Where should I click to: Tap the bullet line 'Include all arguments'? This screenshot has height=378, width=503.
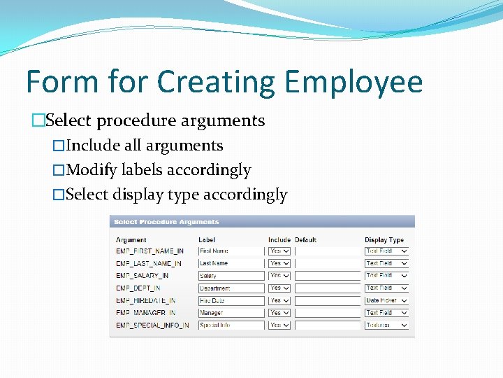click(143, 146)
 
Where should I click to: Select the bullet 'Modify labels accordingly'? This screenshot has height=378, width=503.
click(157, 169)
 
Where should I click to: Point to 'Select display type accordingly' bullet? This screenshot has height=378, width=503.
click(175, 194)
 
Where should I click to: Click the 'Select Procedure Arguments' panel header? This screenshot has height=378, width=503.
click(166, 222)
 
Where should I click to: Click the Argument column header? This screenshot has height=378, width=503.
click(131, 240)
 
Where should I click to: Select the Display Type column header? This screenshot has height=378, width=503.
click(384, 240)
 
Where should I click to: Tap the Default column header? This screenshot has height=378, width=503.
click(305, 240)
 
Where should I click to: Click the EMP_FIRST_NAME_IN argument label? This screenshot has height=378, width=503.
click(150, 251)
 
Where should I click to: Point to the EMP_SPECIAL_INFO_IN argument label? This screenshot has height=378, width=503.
click(152, 325)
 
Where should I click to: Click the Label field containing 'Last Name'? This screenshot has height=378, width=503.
click(231, 263)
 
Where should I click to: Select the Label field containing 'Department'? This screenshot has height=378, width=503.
click(231, 288)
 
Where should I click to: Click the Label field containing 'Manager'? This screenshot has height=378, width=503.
click(231, 313)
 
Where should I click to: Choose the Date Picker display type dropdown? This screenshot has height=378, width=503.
click(386, 300)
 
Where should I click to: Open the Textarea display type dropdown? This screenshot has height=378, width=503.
click(386, 325)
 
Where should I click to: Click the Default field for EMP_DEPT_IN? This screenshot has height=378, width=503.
click(327, 288)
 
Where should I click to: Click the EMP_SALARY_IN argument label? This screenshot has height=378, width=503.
click(142, 276)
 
